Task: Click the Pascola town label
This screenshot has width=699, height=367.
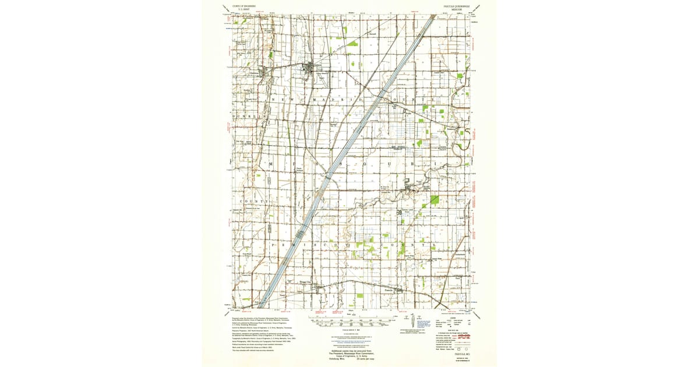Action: pos(390,287)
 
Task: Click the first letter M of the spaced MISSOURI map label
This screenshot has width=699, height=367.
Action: pos(271,165)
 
